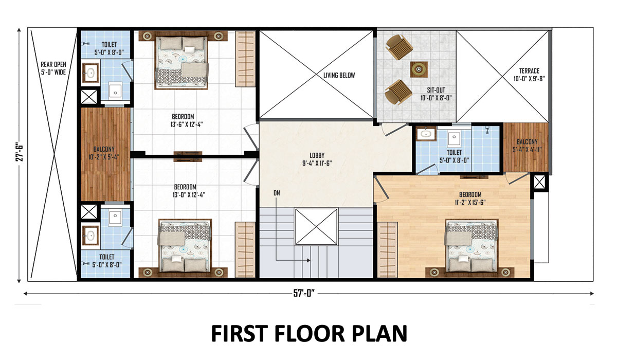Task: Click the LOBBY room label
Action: (317, 159)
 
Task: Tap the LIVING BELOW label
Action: (339, 75)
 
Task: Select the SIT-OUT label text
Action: (436, 90)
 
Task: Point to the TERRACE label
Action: (529, 71)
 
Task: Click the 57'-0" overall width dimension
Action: (304, 293)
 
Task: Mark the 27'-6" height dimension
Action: (20, 152)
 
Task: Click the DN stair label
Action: (277, 193)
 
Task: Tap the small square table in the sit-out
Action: (419, 69)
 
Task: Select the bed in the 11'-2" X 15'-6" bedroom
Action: (471, 246)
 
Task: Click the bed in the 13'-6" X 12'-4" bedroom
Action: (182, 62)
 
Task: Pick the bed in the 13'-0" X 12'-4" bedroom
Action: (185, 245)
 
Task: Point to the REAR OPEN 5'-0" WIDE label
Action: (53, 68)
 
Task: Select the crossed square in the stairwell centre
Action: (316, 227)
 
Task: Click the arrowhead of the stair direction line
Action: (309, 260)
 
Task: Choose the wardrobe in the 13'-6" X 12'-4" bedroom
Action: (245, 59)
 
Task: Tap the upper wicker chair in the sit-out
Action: (399, 47)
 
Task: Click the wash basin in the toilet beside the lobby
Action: (426, 134)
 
